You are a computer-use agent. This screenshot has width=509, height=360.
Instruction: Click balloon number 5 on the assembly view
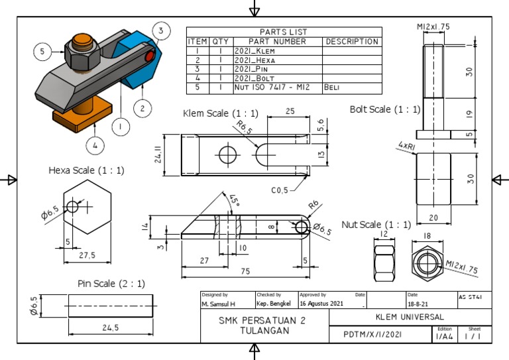click(42, 51)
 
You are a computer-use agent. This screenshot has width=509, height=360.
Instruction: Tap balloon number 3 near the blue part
click(161, 30)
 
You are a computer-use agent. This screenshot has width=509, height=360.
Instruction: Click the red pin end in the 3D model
click(150, 56)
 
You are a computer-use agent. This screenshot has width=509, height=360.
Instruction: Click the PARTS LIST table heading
click(284, 32)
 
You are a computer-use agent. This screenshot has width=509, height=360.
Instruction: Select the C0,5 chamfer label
click(280, 190)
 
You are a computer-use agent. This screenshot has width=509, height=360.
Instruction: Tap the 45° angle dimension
click(233, 200)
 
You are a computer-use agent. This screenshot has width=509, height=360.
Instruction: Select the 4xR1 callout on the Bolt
click(407, 144)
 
